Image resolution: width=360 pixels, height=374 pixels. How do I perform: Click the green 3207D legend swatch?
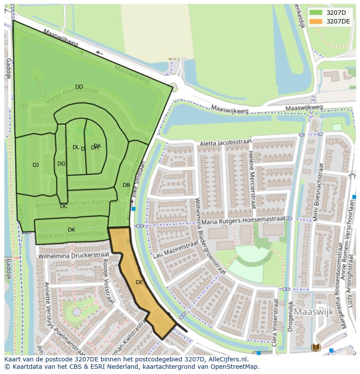tap(316, 13)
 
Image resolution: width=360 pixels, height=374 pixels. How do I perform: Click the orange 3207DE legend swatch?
tap(316, 21)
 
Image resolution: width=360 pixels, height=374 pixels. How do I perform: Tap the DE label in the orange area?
tap(139, 282)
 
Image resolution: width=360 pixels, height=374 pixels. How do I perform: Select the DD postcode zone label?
tap(79, 87)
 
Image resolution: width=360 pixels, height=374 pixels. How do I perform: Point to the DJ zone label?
tap(36, 165)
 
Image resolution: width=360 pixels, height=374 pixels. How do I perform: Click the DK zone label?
tap(71, 229)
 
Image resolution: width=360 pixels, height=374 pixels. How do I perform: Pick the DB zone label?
tap(126, 185)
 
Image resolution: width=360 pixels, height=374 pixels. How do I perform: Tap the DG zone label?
tap(61, 164)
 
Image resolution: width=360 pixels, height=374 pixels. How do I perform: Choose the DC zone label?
tap(64, 206)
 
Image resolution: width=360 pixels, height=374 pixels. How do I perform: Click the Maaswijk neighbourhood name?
tap(313, 312)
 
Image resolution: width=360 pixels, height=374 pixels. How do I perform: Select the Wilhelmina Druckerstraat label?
tap(69, 256)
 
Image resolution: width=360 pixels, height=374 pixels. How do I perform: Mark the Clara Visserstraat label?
tap(274, 328)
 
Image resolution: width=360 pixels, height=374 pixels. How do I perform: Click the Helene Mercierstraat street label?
tap(252, 179)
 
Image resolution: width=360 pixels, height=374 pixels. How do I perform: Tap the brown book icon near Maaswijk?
tap(316, 347)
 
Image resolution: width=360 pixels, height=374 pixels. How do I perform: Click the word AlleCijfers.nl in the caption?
tap(226, 360)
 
